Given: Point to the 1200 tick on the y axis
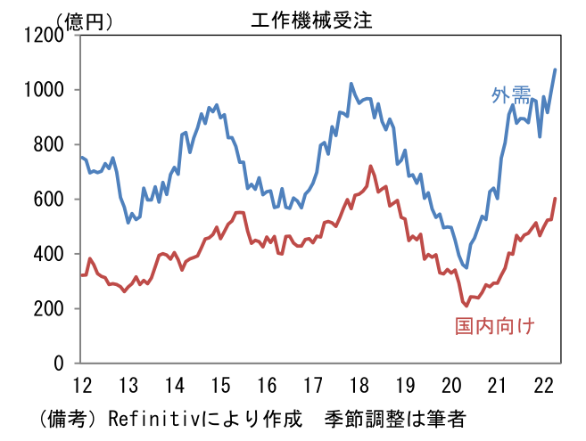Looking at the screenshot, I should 45,35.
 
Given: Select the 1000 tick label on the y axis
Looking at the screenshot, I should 45,90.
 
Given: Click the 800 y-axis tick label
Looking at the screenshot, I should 50,144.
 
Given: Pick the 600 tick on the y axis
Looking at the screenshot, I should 50,200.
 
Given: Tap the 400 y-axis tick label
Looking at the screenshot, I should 50,254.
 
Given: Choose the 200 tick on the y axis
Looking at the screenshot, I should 50,309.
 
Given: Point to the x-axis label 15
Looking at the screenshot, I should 220,386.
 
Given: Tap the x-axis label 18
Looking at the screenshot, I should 359,386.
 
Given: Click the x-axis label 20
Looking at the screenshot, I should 451,386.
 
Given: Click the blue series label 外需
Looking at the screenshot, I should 510,95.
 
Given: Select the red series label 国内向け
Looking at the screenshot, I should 494,326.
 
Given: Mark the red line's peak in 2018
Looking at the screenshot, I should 370,166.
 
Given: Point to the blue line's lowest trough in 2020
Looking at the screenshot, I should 466,267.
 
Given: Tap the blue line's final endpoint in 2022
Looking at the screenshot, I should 556,69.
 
